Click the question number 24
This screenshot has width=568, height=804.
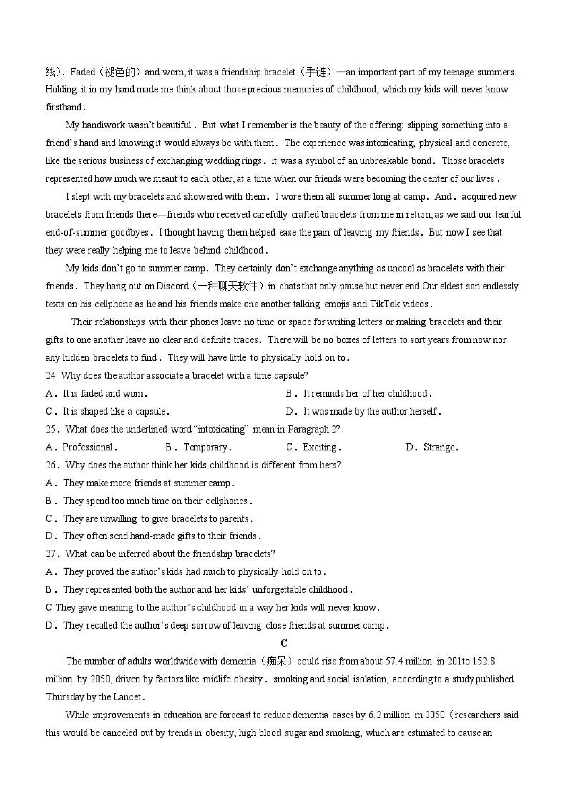coord(51,376)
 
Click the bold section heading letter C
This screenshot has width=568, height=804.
coord(284,643)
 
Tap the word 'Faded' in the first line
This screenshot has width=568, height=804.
coord(83,72)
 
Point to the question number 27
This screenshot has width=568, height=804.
coord(51,554)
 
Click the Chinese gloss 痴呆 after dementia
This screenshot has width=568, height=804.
coord(276,661)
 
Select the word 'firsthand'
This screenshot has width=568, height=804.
coord(64,107)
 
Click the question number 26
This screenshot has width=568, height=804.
coord(51,465)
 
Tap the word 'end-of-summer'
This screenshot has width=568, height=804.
coord(77,233)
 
